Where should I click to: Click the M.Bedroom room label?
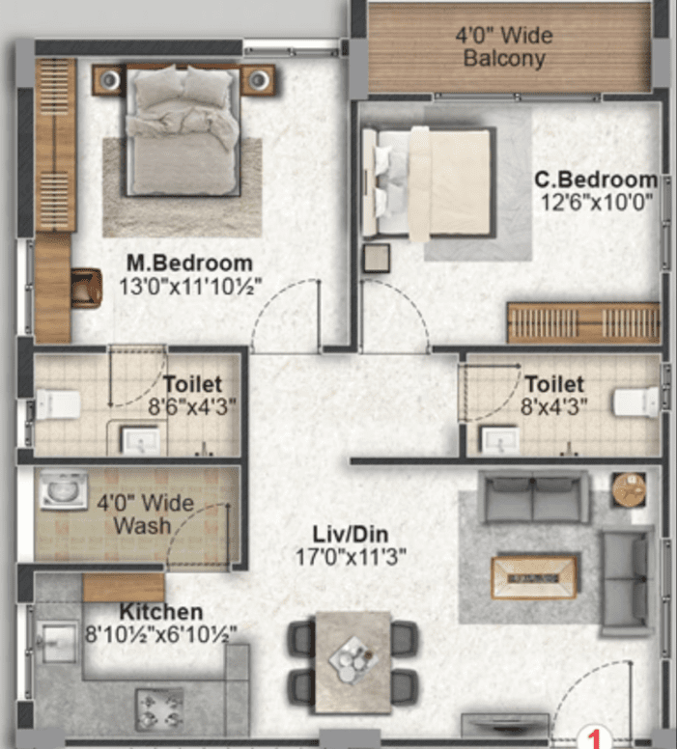click(190, 264)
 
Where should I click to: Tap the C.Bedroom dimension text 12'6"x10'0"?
click(596, 203)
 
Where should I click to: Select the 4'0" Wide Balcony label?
click(504, 46)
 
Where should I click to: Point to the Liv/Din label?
click(351, 534)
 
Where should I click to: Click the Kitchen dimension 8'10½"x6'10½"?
click(161, 635)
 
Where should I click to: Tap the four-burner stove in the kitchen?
click(159, 709)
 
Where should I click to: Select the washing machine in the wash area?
click(64, 489)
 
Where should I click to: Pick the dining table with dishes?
click(353, 662)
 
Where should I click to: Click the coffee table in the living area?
click(534, 577)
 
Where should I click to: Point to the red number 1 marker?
click(594, 738)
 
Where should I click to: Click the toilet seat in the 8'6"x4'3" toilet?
click(58, 404)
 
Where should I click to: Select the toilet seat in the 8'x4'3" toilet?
click(636, 402)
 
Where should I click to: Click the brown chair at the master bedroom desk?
click(86, 288)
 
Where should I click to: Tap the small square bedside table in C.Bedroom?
click(377, 259)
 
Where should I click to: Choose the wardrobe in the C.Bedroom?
click(583, 322)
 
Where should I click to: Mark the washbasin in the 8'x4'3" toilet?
click(500, 439)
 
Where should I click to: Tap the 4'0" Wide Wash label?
click(145, 514)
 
